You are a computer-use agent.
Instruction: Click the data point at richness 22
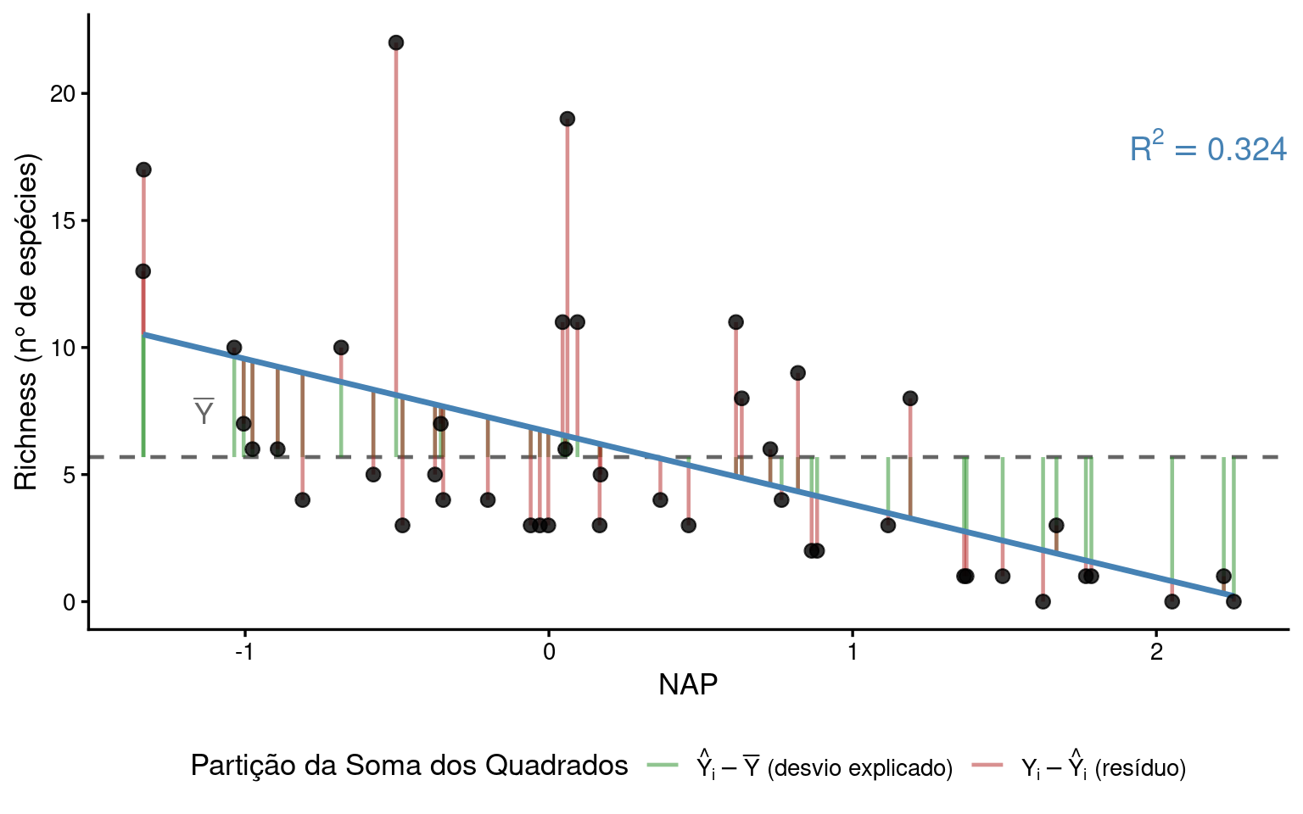[395, 42]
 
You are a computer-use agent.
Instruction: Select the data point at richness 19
[568, 119]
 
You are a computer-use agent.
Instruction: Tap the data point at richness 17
[143, 170]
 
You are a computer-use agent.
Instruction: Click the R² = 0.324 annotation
[1208, 149]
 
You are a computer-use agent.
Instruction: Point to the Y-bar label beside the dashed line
[204, 412]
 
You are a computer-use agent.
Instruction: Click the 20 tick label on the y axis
[63, 93]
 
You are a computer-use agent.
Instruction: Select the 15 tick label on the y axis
[63, 220]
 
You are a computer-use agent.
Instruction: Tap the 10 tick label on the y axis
[63, 348]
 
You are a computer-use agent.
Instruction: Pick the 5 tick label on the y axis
[69, 475]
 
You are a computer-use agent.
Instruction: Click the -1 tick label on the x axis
[244, 652]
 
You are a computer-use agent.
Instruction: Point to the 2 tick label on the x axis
[1155, 652]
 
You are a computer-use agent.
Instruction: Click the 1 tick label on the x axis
[852, 652]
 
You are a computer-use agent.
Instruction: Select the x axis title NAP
[688, 684]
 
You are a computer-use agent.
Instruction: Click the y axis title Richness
[27, 322]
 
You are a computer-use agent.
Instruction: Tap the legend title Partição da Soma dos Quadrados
[409, 766]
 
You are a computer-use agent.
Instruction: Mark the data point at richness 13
[143, 271]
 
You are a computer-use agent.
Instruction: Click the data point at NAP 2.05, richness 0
[1172, 601]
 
